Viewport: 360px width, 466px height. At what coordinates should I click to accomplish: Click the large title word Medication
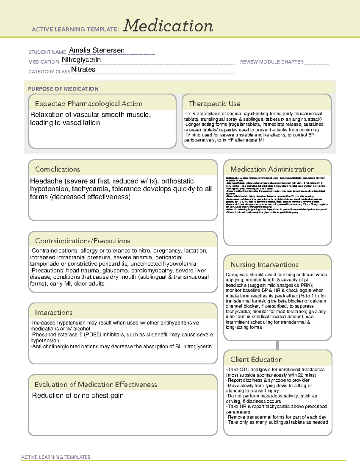click(168, 26)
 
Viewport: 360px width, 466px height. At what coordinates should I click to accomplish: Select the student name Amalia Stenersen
click(97, 50)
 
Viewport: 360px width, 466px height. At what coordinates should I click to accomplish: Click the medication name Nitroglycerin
click(81, 60)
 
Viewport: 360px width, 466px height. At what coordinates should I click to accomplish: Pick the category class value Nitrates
click(83, 69)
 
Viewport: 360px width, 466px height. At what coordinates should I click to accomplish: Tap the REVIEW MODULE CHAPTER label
click(271, 62)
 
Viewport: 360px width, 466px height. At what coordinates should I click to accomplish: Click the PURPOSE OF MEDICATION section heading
click(63, 89)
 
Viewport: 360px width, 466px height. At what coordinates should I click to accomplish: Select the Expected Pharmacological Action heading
click(88, 104)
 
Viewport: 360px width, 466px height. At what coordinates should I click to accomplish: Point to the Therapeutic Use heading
click(214, 104)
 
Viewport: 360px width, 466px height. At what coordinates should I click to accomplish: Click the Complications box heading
click(57, 169)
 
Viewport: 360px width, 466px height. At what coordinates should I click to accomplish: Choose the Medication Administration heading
click(272, 169)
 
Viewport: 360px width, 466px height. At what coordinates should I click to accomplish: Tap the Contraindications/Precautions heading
click(82, 241)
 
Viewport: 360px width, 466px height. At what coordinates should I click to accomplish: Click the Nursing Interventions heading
click(264, 265)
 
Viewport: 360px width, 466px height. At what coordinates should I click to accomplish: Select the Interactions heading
click(53, 313)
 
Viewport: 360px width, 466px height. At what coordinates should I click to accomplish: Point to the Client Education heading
click(256, 359)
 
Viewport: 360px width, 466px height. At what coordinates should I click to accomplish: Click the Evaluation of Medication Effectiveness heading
click(96, 384)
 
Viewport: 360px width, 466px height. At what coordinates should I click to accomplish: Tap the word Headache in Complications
click(46, 181)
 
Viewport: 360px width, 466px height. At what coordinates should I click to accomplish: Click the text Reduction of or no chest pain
click(78, 395)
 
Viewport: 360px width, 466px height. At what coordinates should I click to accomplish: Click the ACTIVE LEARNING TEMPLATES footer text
click(55, 457)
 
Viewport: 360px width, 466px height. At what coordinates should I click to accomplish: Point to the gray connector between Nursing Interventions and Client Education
click(277, 345)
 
